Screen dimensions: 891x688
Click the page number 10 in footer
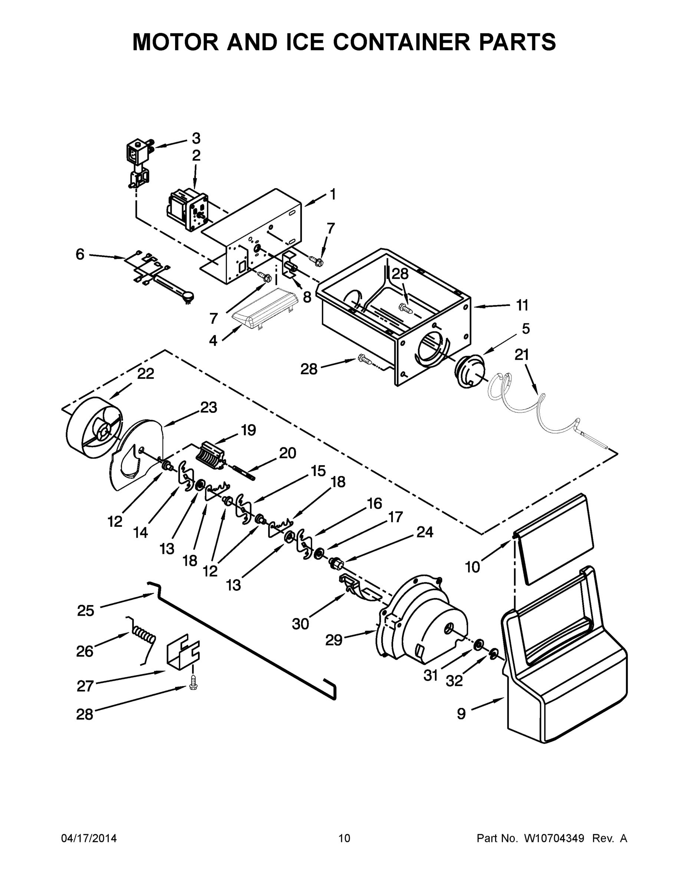coord(345,838)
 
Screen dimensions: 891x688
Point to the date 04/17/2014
coord(89,838)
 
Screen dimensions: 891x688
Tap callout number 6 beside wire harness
coord(80,254)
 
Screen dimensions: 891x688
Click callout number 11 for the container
coord(522,305)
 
